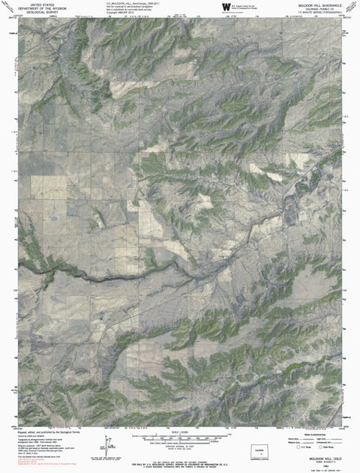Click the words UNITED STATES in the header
(34, 4)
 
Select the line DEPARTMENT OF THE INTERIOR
(34, 8)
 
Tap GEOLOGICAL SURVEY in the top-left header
(34, 13)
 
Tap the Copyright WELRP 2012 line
(120, 13)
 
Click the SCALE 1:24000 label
(181, 430)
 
